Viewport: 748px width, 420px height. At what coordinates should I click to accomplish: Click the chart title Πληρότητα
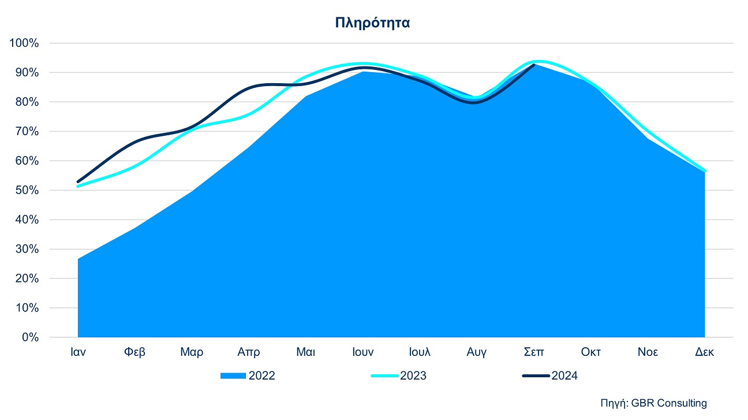coord(372,23)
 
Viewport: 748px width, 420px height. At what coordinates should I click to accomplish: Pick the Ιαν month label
coord(78,352)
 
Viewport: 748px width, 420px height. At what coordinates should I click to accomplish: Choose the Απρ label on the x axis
coord(249,352)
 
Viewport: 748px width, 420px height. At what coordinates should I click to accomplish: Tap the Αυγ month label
coord(477,352)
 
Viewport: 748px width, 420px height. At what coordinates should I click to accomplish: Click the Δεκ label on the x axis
coord(704,352)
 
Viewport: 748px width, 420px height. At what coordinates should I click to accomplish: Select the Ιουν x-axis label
coord(363,352)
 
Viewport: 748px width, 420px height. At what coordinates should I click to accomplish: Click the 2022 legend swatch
coord(233,376)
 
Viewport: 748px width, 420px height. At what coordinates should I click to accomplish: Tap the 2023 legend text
coord(413,376)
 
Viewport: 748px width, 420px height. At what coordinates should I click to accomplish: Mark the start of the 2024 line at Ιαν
coord(78,182)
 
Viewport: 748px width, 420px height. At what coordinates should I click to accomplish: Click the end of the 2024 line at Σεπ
coord(534,65)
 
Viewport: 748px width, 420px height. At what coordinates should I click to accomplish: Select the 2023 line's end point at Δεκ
coord(705,171)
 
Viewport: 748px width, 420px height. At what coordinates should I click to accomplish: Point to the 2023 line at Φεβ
coord(135,166)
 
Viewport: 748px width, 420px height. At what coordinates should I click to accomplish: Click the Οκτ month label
coord(590,352)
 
